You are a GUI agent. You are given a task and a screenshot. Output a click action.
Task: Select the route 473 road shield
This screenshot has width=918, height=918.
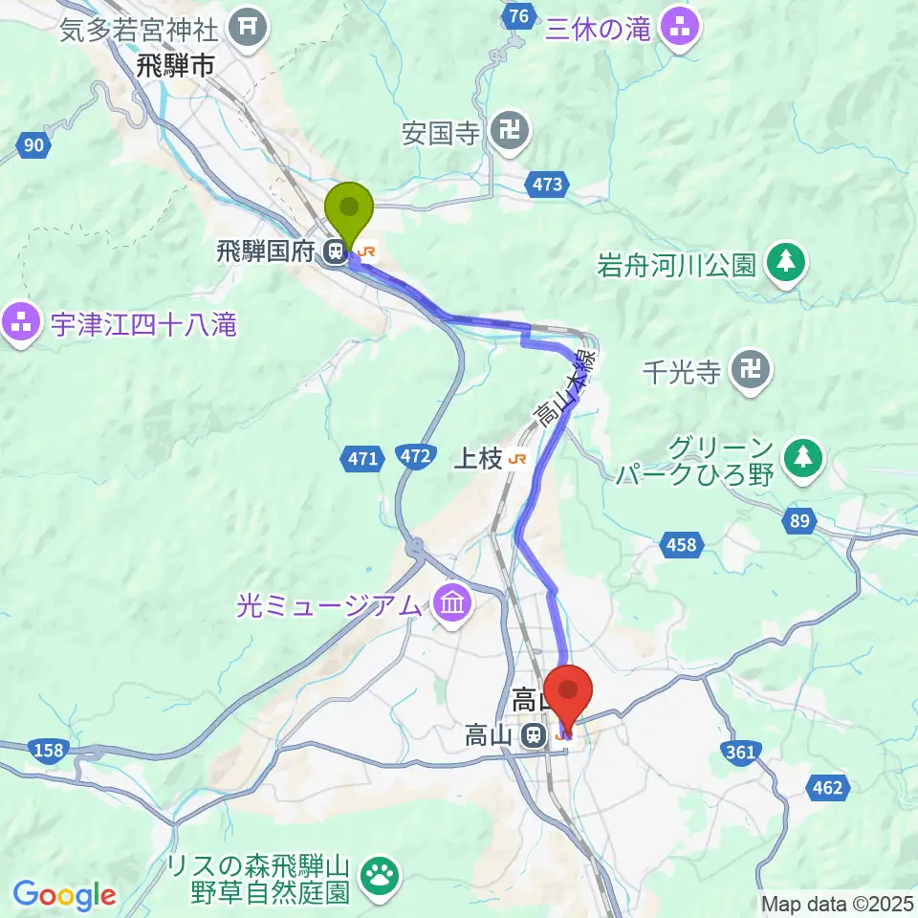549,185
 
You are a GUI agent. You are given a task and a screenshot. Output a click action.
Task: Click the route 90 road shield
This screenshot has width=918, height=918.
33,145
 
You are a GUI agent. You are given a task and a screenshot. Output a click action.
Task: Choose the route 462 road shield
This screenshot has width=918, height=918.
828,787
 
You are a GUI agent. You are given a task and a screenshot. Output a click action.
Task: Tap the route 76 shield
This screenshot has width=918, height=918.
518,16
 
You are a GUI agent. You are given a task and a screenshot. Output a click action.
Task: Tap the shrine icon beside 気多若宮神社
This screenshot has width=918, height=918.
250,28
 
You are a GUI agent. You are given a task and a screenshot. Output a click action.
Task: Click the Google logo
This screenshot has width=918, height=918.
65,895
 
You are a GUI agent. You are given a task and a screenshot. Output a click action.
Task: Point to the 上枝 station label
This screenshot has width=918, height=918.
477,459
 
